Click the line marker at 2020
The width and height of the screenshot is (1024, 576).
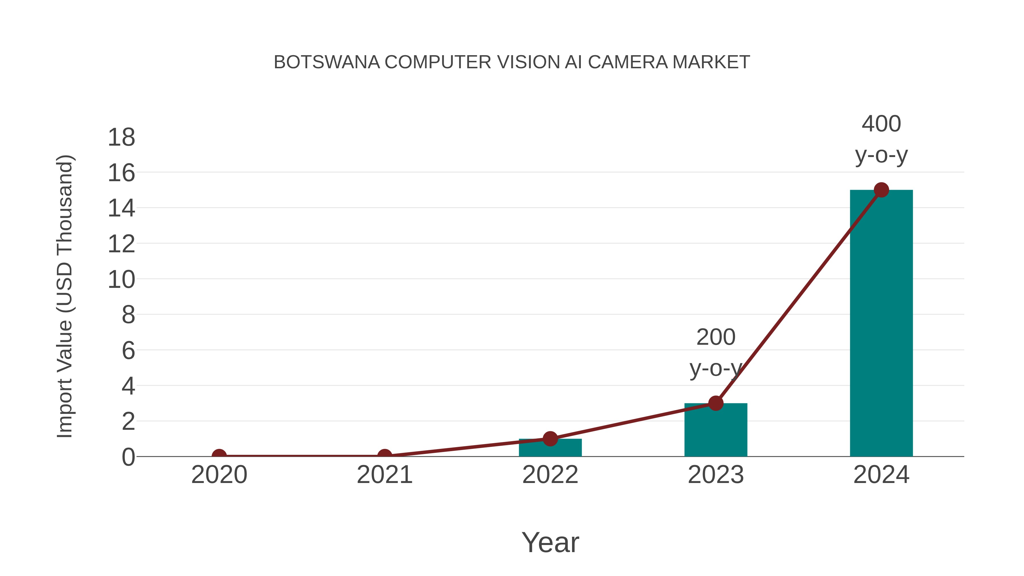point(219,456)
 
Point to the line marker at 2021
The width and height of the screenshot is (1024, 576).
point(384,456)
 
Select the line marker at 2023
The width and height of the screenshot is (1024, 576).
point(716,403)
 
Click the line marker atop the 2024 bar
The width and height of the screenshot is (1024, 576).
point(881,190)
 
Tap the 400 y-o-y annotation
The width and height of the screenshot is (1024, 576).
point(881,139)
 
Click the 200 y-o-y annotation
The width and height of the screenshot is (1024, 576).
point(716,353)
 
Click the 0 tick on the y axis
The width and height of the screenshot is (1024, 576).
point(128,457)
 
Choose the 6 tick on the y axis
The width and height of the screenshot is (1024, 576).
point(128,351)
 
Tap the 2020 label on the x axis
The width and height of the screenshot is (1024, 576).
point(219,475)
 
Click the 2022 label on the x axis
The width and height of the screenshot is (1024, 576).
point(550,475)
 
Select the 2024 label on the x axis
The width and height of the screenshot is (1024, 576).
point(881,475)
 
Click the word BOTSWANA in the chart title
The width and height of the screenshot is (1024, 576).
point(327,62)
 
